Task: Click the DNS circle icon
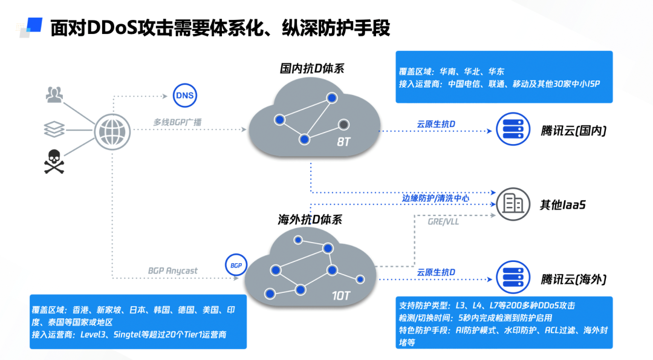pos(184,95)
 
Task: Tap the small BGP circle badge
pos(235,265)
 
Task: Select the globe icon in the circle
pos(112,130)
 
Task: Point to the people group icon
pos(54,94)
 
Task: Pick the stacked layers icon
pos(54,128)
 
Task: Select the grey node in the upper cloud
pos(343,125)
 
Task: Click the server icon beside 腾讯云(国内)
pos(513,129)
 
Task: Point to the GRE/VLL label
pos(443,221)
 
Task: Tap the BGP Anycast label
pos(173,270)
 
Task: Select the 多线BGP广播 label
pos(177,122)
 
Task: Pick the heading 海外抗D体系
pos(310,220)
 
